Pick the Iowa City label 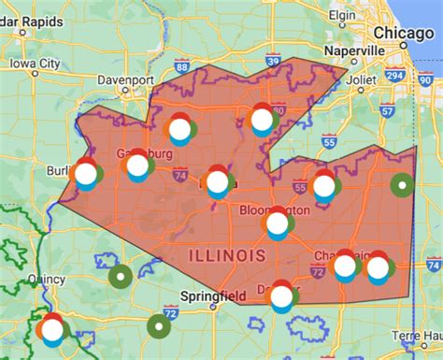point(36,64)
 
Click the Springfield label point(214,297)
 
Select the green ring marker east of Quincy point(121,276)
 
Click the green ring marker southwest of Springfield point(159,325)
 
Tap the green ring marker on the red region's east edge point(403,185)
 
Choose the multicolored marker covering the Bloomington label point(278,223)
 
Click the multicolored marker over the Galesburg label point(137,166)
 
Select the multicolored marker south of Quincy point(51,328)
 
